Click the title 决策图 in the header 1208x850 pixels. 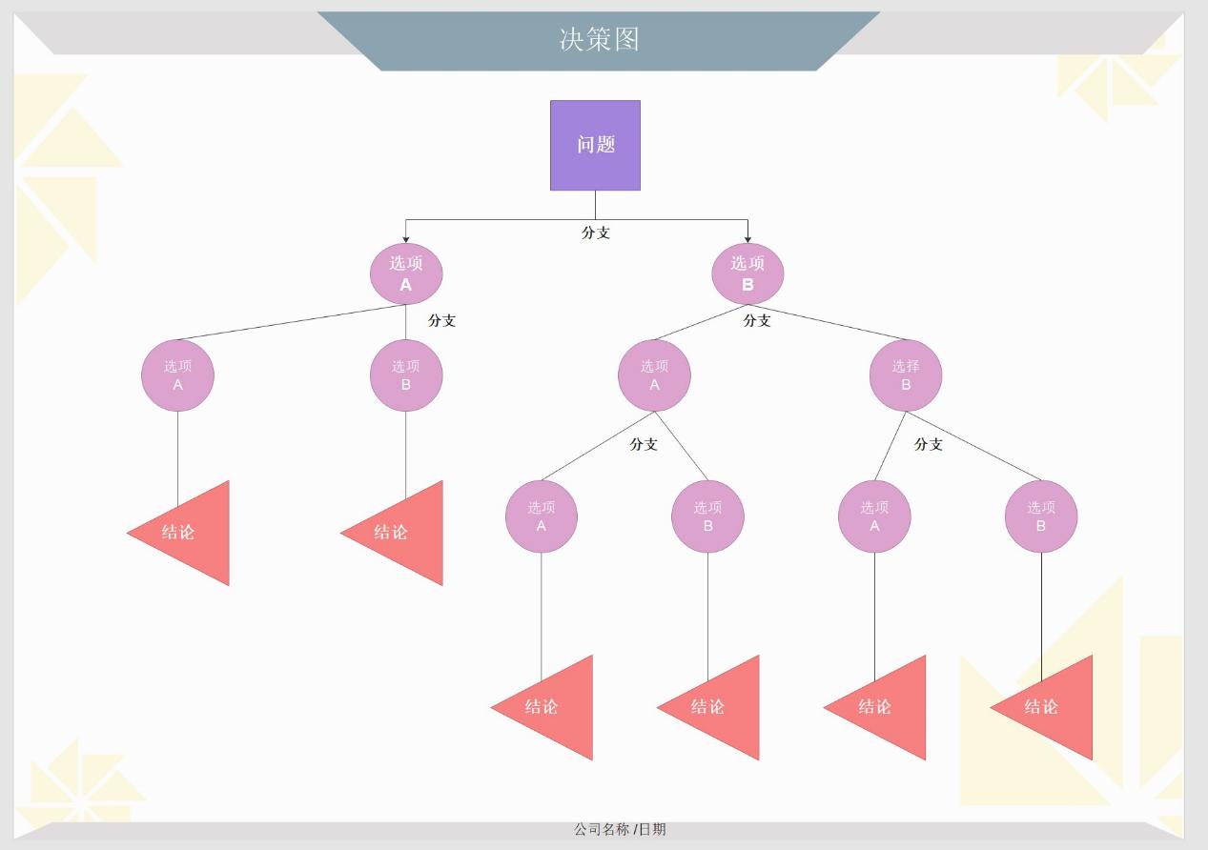599,39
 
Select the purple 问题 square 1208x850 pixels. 595,145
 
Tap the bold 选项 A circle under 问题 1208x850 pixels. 406,274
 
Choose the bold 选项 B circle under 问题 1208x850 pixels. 747,274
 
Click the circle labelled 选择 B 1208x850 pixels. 906,375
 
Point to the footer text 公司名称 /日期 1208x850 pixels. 620,829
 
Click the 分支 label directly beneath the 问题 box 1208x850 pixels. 596,233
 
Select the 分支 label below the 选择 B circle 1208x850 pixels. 929,444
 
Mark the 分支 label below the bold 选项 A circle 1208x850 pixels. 441,320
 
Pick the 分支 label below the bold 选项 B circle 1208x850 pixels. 757,320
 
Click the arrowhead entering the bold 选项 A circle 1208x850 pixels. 406,238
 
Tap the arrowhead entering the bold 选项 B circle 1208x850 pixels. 747,238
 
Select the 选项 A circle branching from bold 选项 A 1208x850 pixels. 177,375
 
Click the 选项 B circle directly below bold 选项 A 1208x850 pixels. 406,375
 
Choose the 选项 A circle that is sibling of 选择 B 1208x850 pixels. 654,375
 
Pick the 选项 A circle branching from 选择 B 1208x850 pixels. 874,516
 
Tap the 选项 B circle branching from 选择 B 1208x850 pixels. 1041,516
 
